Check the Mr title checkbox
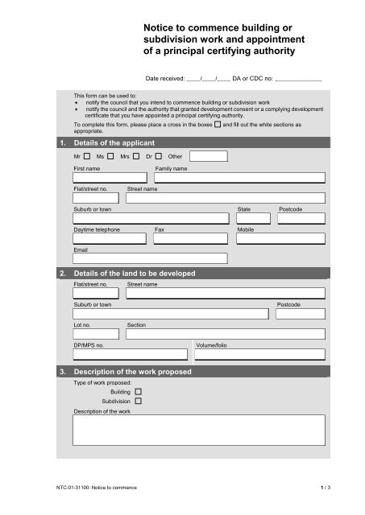click(86, 156)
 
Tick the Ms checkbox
click(110, 156)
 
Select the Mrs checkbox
click(137, 156)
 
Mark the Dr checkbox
click(159, 156)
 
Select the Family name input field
click(239, 179)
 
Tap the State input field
click(254, 218)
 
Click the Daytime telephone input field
click(111, 238)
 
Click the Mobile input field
click(281, 238)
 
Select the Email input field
click(150, 258)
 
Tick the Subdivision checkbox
click(138, 400)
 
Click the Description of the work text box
click(199, 430)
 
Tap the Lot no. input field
click(97, 333)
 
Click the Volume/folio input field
click(260, 353)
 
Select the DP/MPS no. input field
click(131, 353)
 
